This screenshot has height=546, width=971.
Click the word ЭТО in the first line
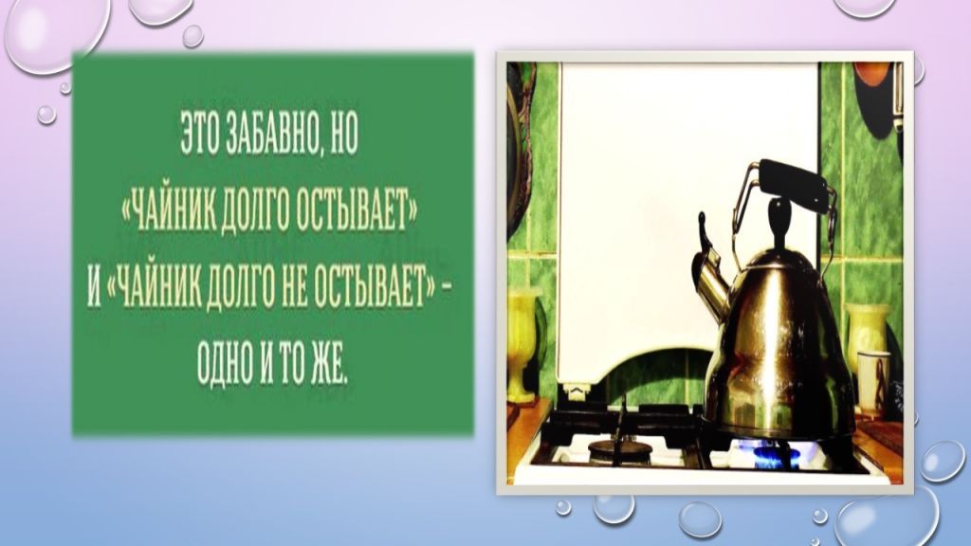pyautogui.click(x=198, y=140)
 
